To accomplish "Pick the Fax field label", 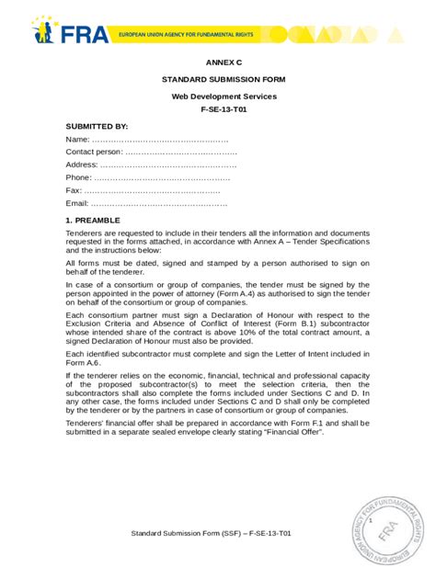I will coord(74,189).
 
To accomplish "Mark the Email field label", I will coord(77,202).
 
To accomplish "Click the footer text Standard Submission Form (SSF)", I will coord(185,532).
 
